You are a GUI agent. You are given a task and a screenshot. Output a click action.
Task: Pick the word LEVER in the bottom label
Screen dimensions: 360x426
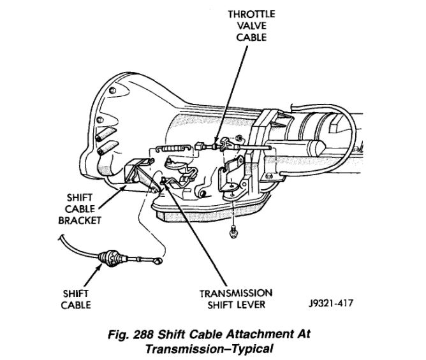254,305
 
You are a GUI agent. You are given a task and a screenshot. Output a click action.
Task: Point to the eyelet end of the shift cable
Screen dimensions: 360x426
158,260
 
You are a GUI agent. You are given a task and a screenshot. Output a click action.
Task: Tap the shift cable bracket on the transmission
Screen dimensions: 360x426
136,173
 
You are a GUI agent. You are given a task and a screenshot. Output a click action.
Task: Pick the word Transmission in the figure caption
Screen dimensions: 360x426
178,348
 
